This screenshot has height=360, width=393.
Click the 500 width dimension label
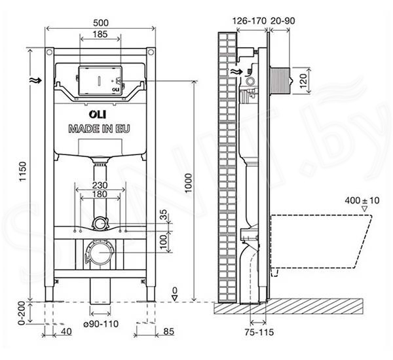[101, 23]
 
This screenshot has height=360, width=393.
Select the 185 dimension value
[100, 34]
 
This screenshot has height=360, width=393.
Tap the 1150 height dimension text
[22, 171]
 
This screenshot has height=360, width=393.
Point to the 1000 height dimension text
[189, 183]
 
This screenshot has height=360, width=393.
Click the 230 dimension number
[100, 185]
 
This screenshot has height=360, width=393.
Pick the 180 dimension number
[100, 194]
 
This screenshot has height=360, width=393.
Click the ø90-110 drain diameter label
[101, 324]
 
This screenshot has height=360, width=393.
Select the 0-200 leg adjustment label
[22, 313]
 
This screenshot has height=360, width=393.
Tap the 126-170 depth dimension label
[250, 21]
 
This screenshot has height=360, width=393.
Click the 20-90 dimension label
[282, 21]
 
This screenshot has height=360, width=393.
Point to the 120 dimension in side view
[303, 81]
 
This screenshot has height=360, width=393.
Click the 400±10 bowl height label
[362, 200]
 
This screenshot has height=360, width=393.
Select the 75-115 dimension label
[259, 333]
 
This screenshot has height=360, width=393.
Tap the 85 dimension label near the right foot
[169, 331]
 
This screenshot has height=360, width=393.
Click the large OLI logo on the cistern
[98, 115]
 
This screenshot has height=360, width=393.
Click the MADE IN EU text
[100, 129]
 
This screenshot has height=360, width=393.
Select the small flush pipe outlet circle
[100, 223]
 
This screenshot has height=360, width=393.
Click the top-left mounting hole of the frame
[49, 52]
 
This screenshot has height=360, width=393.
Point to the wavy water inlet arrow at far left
[35, 81]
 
